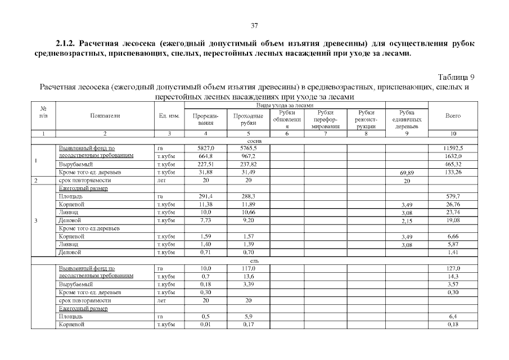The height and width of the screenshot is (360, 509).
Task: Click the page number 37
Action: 254,25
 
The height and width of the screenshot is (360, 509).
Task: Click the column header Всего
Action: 453,115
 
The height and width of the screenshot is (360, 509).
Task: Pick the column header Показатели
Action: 105,115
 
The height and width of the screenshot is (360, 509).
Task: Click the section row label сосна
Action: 254,141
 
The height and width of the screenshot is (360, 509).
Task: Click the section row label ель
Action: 254,261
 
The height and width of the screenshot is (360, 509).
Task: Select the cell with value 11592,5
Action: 453,148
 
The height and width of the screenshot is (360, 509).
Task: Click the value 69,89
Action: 407,173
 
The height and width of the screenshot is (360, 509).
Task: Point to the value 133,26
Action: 453,172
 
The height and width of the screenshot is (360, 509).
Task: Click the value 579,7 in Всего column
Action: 453,196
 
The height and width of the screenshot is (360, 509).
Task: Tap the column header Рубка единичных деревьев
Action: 407,119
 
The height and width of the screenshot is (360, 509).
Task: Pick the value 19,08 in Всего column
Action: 453,220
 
